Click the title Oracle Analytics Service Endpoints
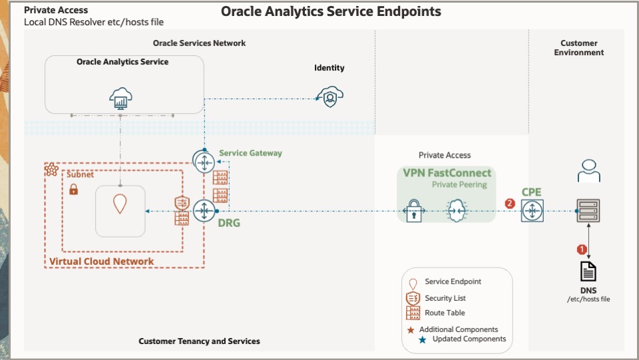point(331,11)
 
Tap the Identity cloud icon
point(329,97)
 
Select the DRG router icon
point(202,211)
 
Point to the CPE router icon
point(532,211)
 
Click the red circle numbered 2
point(511,203)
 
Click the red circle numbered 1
point(581,250)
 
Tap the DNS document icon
point(588,271)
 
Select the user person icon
point(588,170)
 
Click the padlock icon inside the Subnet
point(74,190)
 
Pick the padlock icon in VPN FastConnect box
point(413,211)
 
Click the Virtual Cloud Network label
point(101,262)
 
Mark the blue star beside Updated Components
point(423,339)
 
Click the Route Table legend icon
point(413,313)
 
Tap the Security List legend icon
point(413,297)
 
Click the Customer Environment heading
point(578,48)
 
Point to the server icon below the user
point(588,211)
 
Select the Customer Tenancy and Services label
point(199,341)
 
